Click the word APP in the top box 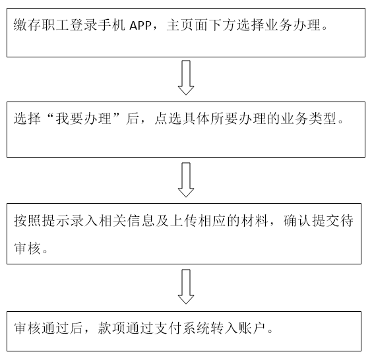coord(140,25)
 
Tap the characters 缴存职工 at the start coord(42,25)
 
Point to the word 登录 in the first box coord(83,25)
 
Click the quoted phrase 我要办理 coord(84,118)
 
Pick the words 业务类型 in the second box coord(309,118)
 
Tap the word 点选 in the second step coord(168,118)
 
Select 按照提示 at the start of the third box coord(42,221)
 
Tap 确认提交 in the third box coord(311,221)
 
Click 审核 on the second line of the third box coord(28,249)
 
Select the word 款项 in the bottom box coord(111,328)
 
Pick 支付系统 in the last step coord(182,328)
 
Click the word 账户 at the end coord(252,328)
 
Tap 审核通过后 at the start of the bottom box coord(48,328)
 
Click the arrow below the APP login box coord(186,78)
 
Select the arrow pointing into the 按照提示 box coord(186,180)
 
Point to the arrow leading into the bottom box coord(186,286)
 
